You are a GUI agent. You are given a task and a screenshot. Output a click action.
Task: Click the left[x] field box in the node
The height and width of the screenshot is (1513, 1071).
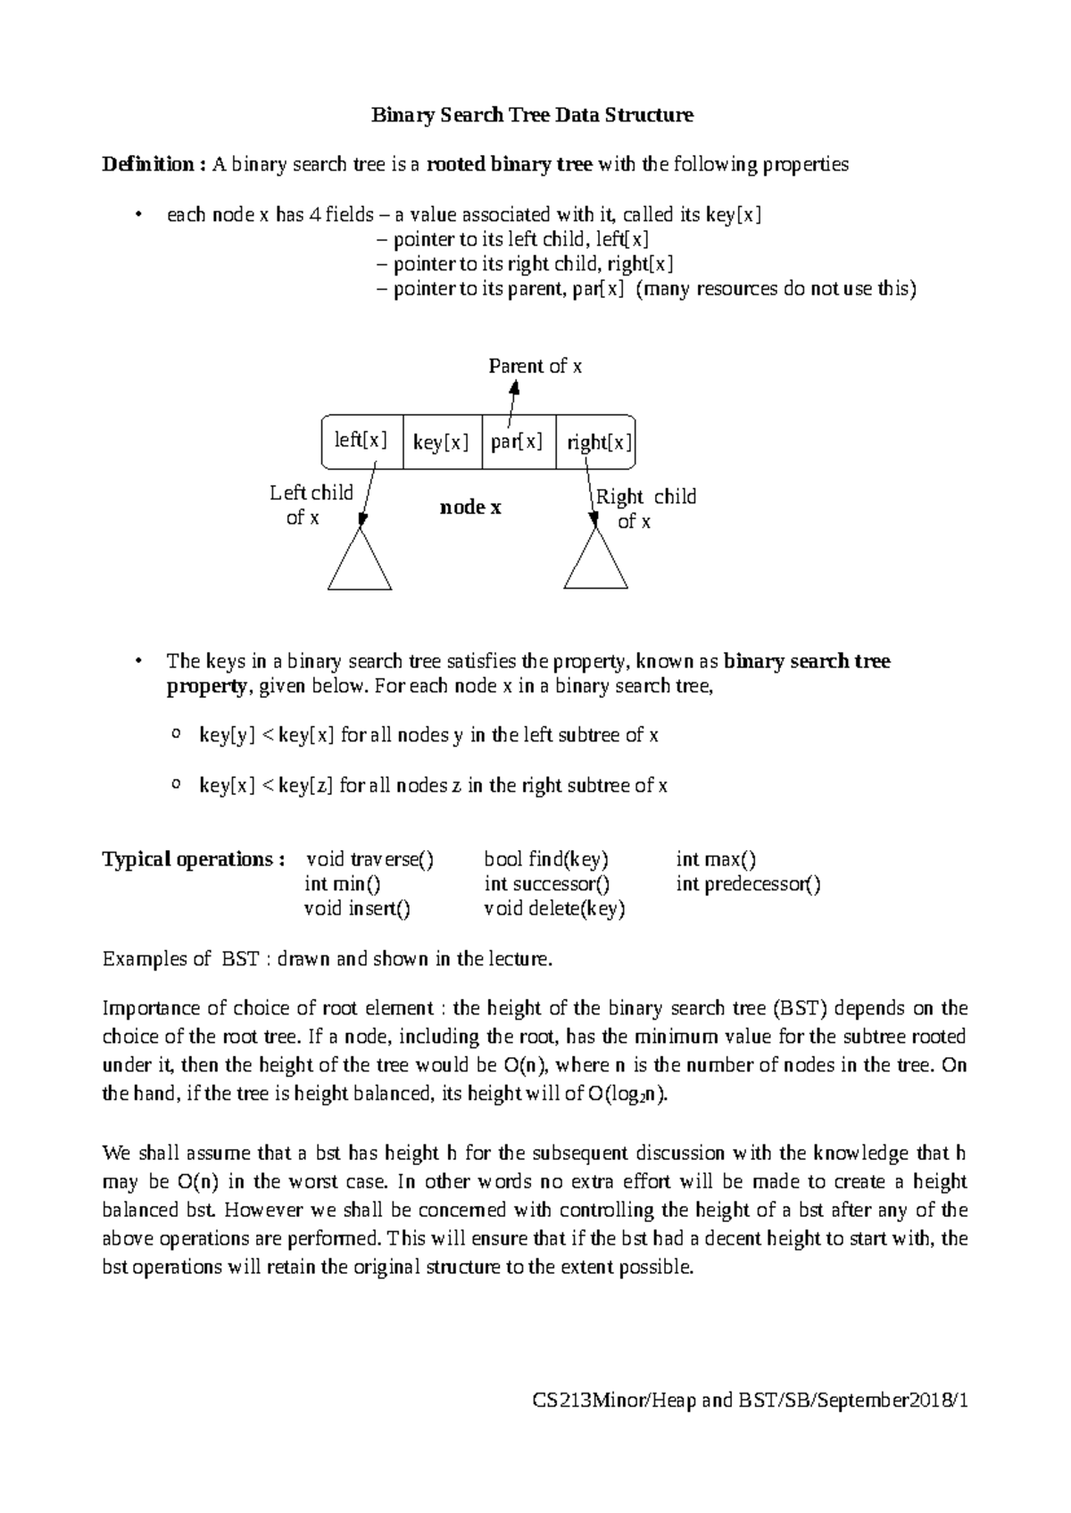coord(361,441)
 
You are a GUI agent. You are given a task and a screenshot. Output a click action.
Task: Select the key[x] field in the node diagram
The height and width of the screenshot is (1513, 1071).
coord(442,442)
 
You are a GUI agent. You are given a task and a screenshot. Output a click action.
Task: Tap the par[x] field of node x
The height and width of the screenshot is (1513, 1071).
coord(518,442)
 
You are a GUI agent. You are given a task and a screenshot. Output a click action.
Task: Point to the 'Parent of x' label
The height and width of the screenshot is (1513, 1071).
coord(535,367)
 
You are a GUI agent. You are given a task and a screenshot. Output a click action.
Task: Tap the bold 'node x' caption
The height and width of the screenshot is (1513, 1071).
coord(470,508)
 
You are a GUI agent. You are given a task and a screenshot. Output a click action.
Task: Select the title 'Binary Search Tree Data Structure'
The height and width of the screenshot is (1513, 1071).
coord(533,115)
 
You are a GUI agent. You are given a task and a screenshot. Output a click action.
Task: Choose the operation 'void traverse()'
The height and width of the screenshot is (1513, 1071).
coord(369,860)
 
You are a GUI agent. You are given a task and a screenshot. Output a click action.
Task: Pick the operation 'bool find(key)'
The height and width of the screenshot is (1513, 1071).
coord(546,860)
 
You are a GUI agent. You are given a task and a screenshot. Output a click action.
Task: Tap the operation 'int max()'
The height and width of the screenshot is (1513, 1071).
coord(716,860)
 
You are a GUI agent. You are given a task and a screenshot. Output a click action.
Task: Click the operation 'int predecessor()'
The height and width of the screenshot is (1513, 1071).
coord(748,885)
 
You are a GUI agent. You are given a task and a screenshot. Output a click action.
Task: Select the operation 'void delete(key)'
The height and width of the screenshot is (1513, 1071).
coord(554,910)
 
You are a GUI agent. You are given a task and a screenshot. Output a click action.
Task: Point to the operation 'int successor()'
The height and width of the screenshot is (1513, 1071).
coord(547,885)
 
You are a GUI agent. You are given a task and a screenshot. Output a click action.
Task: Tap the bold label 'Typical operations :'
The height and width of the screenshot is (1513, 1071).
coord(194,860)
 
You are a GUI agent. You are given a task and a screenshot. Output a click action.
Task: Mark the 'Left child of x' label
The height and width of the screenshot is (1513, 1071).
coord(311,505)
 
